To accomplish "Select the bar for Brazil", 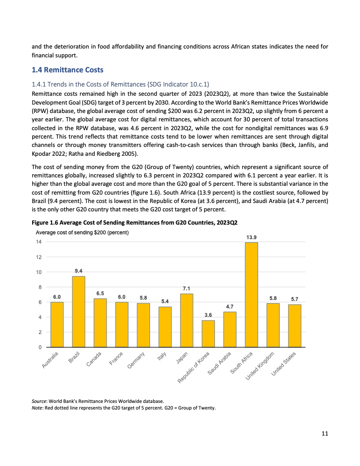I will point(79,312).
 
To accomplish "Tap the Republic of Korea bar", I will point(208,334).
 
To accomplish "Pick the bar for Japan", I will point(187,320).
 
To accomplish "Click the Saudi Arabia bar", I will point(230,329).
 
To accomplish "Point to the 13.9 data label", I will point(251,237).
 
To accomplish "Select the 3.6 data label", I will point(208,315).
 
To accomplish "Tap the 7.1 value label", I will point(187,289).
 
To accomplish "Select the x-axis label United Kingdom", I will point(260,366).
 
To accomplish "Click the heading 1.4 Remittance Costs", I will point(68,70).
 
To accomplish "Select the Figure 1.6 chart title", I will point(138,222).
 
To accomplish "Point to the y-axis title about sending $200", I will point(82,233).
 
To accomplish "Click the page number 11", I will point(324,433).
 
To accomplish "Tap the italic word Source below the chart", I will point(40,401).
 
